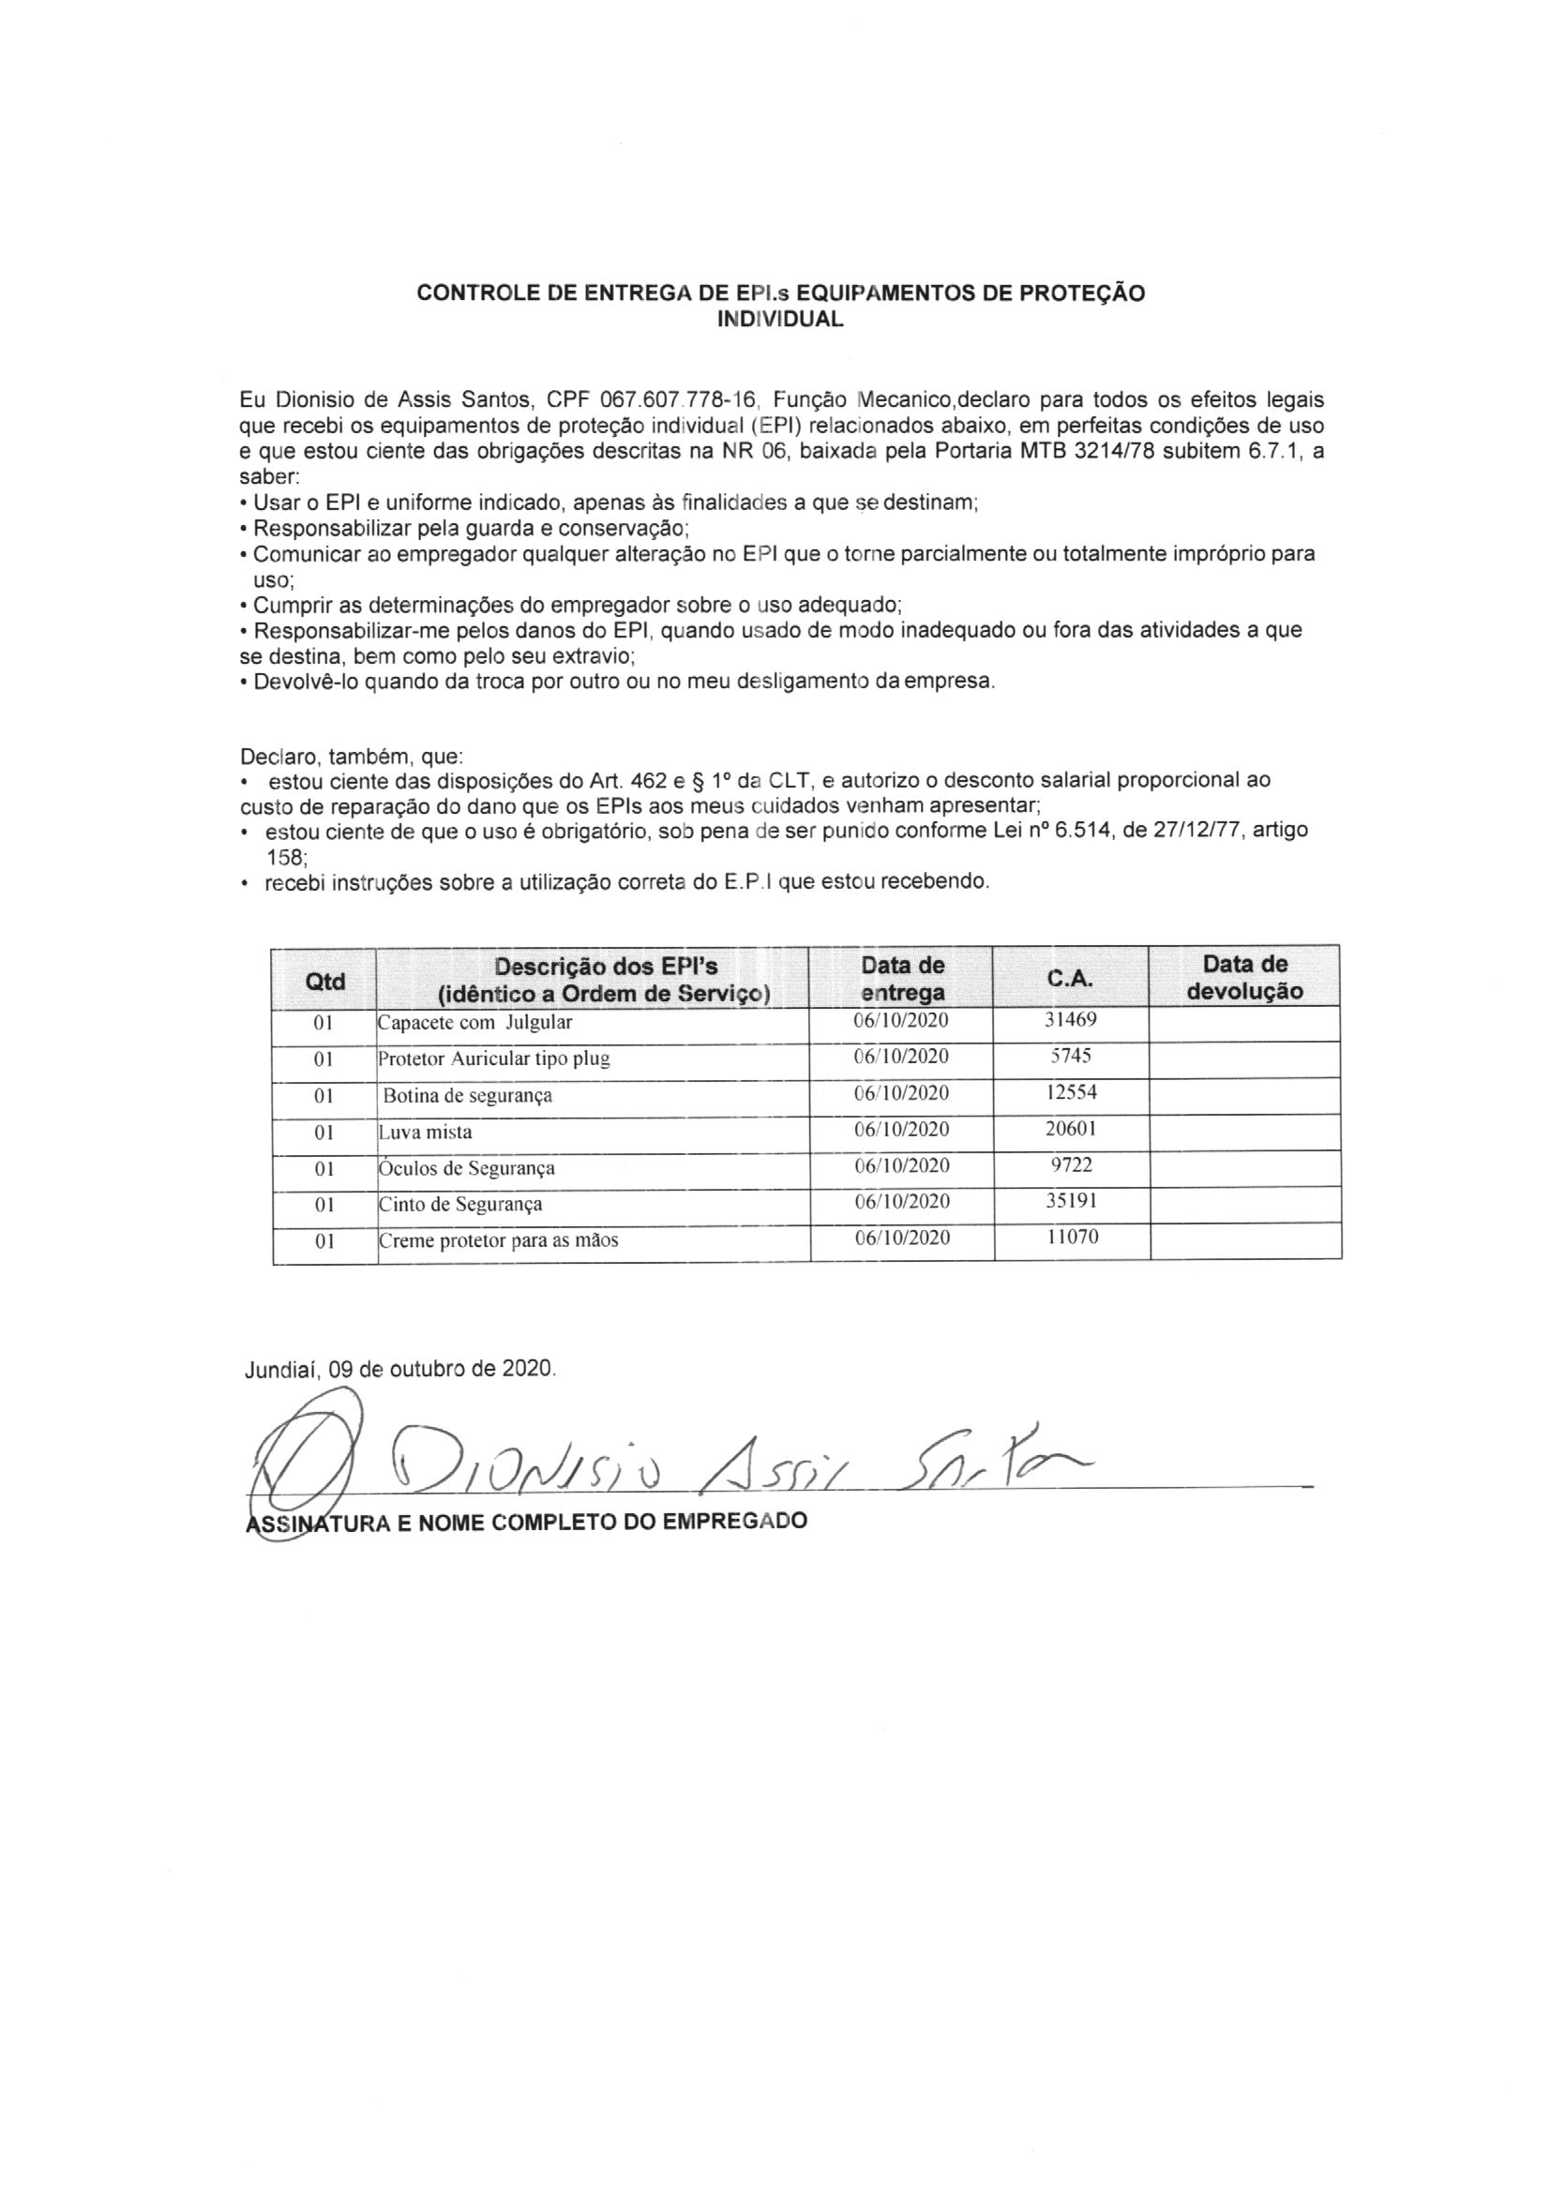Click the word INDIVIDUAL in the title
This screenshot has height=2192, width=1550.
pyautogui.click(x=780, y=321)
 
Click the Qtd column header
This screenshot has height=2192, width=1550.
pyautogui.click(x=324, y=981)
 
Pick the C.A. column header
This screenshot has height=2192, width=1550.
pyautogui.click(x=1071, y=980)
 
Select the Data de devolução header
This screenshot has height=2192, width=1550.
pyautogui.click(x=1244, y=978)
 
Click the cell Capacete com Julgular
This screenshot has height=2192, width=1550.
pyautogui.click(x=475, y=1023)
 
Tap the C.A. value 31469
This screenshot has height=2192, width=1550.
pyautogui.click(x=1071, y=1020)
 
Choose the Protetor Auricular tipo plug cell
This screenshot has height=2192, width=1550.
pyautogui.click(x=494, y=1058)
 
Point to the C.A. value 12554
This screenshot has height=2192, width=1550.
pyautogui.click(x=1071, y=1092)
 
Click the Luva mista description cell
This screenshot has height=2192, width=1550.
pyautogui.click(x=426, y=1133)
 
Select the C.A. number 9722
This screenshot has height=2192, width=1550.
pyautogui.click(x=1071, y=1164)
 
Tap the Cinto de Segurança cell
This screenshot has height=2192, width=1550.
pyautogui.click(x=461, y=1204)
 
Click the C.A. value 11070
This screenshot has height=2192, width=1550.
pyautogui.click(x=1072, y=1238)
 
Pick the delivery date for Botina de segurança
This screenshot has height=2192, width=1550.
pyautogui.click(x=901, y=1093)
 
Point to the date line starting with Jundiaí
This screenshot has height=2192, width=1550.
pyautogui.click(x=400, y=1369)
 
